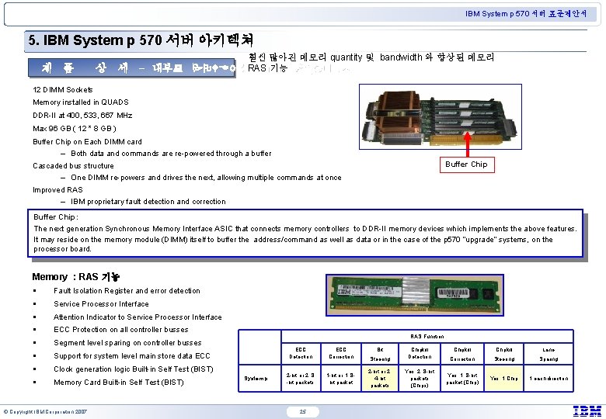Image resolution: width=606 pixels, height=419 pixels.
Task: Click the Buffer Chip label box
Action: pyautogui.click(x=466, y=164)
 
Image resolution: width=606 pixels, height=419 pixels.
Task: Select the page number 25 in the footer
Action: pyautogui.click(x=303, y=410)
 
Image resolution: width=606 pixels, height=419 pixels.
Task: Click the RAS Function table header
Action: pyautogui.click(x=427, y=336)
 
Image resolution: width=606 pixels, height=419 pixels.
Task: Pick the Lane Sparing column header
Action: pyautogui.click(x=549, y=355)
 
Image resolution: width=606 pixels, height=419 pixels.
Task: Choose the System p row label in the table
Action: pyautogui.click(x=256, y=379)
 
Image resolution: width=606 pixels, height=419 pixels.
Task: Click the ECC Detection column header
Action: pyautogui.click(x=301, y=354)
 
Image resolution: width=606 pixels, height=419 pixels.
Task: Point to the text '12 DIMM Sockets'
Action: pyautogui.click(x=62, y=90)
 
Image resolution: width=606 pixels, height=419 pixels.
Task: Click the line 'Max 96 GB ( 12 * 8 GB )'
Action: pyautogui.click(x=75, y=128)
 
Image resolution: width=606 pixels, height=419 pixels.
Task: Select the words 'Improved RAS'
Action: pyautogui.click(x=57, y=190)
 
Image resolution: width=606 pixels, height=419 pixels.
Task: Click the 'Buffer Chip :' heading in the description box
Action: pyautogui.click(x=56, y=217)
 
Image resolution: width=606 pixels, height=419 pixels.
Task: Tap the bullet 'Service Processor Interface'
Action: pyautogui.click(x=101, y=304)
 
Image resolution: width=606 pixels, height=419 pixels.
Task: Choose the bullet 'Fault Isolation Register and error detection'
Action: pyautogui.click(x=127, y=291)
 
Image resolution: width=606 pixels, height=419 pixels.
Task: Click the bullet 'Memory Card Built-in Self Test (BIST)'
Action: pyautogui.click(x=118, y=382)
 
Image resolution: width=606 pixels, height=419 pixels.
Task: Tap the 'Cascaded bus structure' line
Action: pyautogui.click(x=73, y=165)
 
